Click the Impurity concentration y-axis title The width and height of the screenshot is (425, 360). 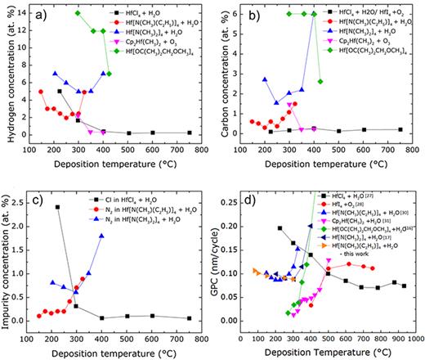[x=9, y=260]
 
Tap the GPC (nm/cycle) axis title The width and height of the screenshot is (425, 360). [x=218, y=259]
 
